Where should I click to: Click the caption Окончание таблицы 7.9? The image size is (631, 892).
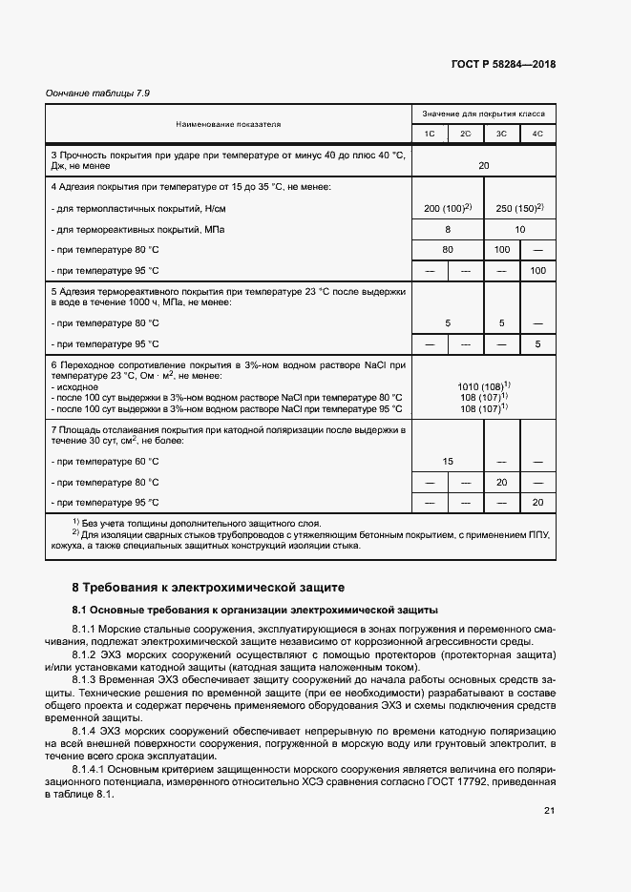tap(98, 93)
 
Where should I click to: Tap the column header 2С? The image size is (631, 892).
tap(465, 134)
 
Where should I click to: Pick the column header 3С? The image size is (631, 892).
tap(501, 134)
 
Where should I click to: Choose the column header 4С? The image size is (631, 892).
tap(537, 134)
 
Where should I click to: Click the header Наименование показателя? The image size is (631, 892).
tap(228, 124)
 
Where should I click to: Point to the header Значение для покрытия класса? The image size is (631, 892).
tap(483, 113)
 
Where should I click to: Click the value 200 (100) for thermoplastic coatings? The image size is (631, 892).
tap(447, 208)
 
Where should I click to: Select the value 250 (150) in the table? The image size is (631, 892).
tap(519, 208)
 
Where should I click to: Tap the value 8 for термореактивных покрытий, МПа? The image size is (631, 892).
tap(447, 230)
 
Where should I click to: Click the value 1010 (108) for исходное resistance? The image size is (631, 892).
tap(483, 385)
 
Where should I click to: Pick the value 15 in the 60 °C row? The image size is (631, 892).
tap(447, 461)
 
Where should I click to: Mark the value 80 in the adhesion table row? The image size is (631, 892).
tap(447, 251)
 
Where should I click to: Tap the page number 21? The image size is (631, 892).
tap(549, 811)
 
